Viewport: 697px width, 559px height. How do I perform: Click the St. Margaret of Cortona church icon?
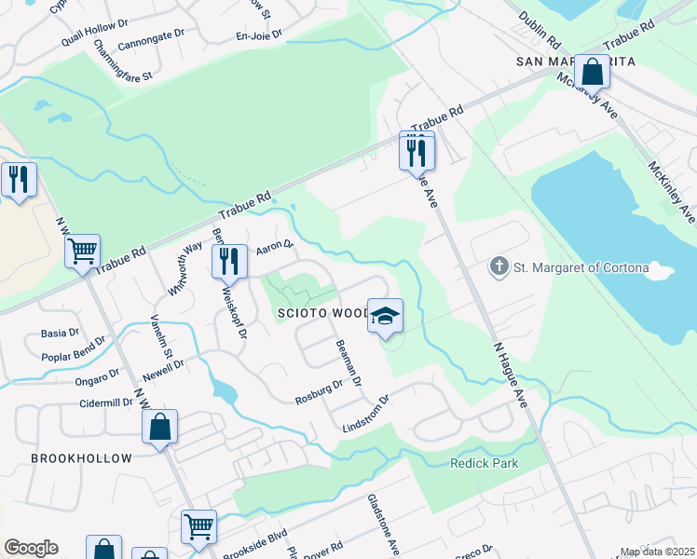tap(499, 268)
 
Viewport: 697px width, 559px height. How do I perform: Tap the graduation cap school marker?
tap(385, 316)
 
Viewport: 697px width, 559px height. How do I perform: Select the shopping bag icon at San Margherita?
tap(592, 71)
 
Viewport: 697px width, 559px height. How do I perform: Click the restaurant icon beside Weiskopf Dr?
tap(228, 261)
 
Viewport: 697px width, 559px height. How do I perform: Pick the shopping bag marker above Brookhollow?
tap(160, 428)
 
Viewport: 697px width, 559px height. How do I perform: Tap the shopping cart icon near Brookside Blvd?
tap(198, 526)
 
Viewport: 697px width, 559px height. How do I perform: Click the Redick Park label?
tap(484, 463)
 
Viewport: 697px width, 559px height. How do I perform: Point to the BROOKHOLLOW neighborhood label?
tap(81, 458)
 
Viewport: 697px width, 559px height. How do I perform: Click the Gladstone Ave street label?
tap(383, 523)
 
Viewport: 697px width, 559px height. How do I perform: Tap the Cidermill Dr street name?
tap(89, 402)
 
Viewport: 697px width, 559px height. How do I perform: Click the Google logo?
tap(31, 548)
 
